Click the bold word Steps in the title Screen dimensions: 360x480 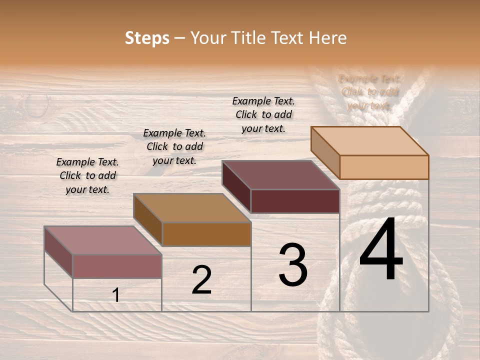pos(147,38)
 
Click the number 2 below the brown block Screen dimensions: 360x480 pos(201,279)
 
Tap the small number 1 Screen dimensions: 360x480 pos(116,295)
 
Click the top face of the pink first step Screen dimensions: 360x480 pos(102,240)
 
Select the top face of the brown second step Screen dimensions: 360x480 pos(192,208)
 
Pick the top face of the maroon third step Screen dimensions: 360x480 pos(280,175)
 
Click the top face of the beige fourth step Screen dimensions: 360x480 pos(369,140)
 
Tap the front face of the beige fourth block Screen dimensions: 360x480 pos(384,167)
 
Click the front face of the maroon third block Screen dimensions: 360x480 pos(295,201)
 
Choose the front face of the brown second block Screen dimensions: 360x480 pos(206,234)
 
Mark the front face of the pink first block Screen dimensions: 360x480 pos(117,266)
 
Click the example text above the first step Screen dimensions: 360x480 pos(87,175)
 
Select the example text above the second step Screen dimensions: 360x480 pos(174,146)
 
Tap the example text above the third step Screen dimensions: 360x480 pos(263,114)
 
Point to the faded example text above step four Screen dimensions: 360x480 pos(369,92)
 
